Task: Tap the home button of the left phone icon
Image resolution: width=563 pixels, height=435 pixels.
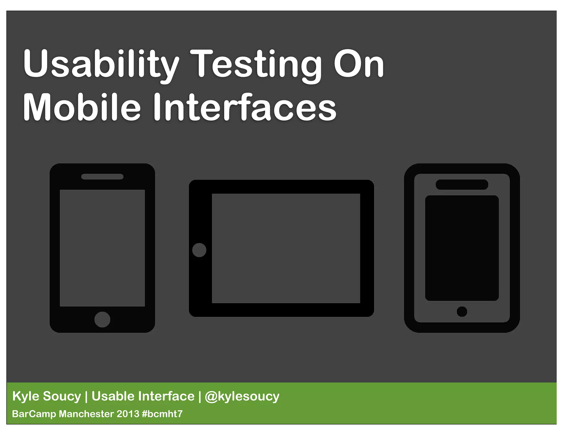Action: [102, 320]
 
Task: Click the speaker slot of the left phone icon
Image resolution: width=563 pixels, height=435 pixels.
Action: [102, 177]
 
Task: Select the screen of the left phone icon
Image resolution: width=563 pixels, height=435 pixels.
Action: [102, 248]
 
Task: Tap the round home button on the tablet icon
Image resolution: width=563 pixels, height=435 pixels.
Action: [199, 250]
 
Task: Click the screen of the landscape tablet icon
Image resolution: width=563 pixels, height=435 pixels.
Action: [286, 248]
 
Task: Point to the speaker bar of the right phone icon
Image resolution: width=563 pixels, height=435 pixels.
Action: [462, 185]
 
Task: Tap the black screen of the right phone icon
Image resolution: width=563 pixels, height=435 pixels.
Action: [462, 248]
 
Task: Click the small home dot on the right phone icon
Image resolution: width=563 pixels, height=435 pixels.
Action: [462, 312]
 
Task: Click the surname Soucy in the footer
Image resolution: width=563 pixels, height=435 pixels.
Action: [62, 396]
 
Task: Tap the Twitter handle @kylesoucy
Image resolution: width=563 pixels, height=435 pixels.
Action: [242, 397]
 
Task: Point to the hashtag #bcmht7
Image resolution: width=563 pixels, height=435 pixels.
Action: [162, 414]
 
